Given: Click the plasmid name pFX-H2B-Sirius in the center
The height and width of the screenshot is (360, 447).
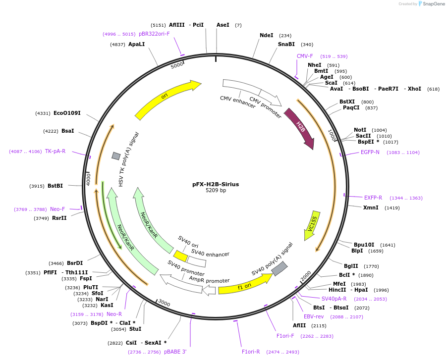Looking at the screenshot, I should coord(216,184).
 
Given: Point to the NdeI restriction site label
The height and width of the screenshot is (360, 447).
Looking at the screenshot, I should coord(267,35).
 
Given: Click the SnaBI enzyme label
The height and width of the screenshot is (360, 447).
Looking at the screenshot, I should coord(286,44).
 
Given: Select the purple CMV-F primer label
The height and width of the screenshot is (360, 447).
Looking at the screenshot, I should coord(305,56).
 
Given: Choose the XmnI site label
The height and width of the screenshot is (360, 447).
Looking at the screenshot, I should coord(371,207).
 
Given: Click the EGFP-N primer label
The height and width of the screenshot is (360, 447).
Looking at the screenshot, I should coord(370,152).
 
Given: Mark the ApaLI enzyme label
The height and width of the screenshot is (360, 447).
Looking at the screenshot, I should coord(136,44).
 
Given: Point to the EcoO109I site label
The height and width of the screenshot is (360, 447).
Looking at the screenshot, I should coord(67,113).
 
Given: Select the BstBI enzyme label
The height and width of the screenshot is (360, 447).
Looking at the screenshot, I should coord(55,186).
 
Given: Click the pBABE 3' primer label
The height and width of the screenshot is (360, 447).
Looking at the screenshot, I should coord(175,352).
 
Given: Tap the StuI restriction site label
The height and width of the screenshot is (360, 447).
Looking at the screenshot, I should coord(135,329).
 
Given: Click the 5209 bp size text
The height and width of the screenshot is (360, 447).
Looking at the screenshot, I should coord(216,191).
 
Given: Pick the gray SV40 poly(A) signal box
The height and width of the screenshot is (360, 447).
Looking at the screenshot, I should coord(279,269).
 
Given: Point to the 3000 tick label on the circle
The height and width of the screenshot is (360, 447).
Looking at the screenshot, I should coord(164,304).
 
